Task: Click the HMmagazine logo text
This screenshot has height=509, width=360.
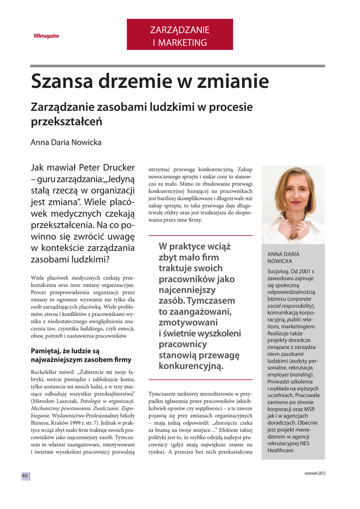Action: tap(46, 36)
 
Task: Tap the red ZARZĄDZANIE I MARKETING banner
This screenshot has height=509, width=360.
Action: tap(180, 35)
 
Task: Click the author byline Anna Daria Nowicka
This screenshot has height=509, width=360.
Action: tap(66, 143)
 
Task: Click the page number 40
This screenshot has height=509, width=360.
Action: tap(24, 476)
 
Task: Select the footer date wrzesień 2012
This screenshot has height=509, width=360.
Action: tap(315, 473)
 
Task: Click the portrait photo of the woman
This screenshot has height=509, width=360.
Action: tap(293, 204)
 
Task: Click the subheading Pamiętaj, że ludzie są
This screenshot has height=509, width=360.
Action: tap(65, 350)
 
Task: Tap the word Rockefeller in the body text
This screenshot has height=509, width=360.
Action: tap(48, 372)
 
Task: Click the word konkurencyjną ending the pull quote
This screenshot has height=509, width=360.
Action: tap(191, 366)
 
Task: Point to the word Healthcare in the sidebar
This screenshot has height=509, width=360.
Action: tap(281, 450)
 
